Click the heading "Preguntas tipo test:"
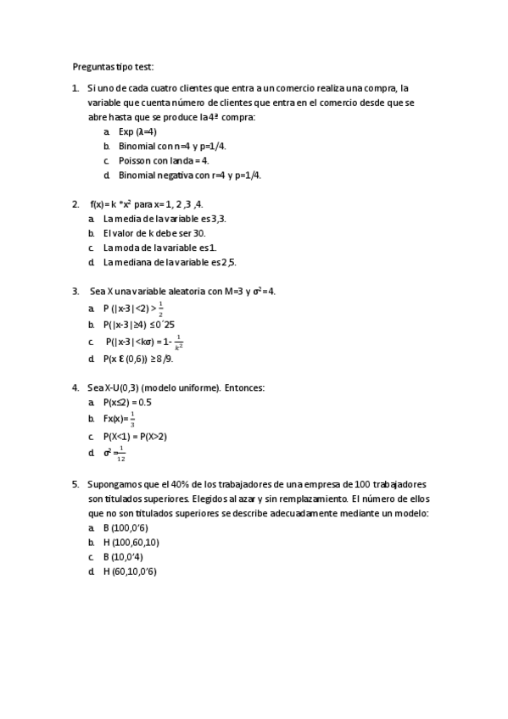click(113, 66)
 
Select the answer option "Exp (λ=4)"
click(137, 131)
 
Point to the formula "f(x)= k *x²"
click(110, 204)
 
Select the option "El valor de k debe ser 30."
click(154, 233)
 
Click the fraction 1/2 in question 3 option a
click(161, 309)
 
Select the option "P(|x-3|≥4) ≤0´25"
click(139, 325)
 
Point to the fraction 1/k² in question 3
click(178, 342)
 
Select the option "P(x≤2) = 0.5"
click(127, 402)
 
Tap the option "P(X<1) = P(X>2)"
click(135, 436)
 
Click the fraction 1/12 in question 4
click(121, 454)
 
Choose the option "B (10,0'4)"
click(122, 556)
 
